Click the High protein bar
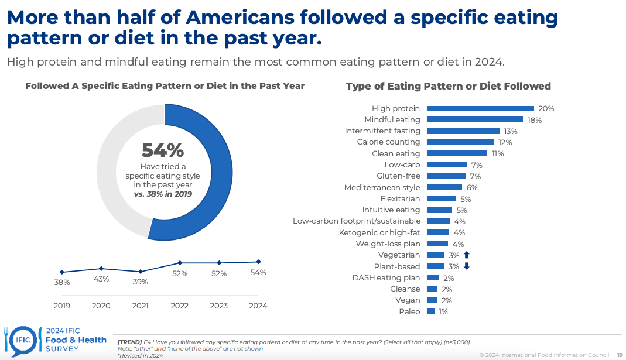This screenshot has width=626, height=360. coord(480,108)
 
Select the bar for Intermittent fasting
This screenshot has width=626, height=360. coord(463,131)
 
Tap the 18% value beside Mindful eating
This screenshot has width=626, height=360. coord(534,120)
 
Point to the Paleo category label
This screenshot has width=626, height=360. coord(409,311)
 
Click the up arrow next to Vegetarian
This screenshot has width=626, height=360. coord(467,255)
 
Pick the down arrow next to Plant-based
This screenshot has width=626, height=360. coord(467,266)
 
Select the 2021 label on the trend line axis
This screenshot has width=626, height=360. coord(140,306)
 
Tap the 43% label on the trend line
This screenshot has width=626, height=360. coord(101,279)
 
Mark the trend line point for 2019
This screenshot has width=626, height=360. coord(62,272)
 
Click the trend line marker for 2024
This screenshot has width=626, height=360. coord(258,262)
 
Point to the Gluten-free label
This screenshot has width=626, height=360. coord(398,176)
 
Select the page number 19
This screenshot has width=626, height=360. coord(619,355)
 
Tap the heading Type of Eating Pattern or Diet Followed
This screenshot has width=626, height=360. coord(448,86)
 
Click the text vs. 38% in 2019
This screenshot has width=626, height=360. coord(163,194)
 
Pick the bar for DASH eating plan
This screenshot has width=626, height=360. coord(433,277)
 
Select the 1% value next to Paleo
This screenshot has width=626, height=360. coord(443,311)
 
